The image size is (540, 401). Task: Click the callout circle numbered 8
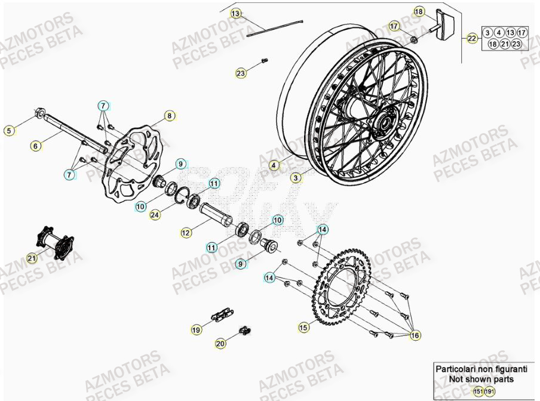pos(169,116)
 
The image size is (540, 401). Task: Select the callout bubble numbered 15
pos(303,326)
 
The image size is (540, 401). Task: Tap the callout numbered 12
pos(186,233)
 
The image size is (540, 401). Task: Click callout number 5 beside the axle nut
pos(8,130)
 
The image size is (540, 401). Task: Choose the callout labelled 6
pos(35,145)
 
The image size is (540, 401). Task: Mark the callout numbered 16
pos(415,336)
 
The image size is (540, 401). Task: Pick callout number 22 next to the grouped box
pos(473,39)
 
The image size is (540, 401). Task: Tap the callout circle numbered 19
pos(196,329)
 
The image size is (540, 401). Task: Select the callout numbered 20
pos(220,343)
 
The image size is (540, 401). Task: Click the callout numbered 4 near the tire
pos(274,165)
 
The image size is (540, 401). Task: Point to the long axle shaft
pos(72,131)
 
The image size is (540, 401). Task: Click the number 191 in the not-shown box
pos(489,391)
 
